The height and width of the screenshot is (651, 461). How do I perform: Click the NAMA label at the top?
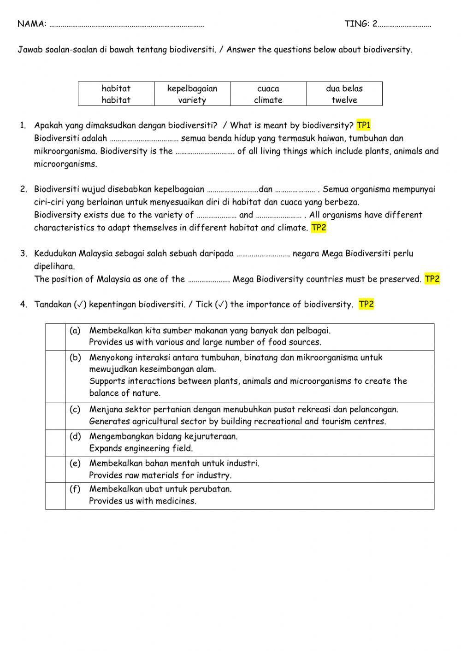click(x=31, y=24)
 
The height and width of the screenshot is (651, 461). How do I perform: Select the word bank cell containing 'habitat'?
click(x=116, y=94)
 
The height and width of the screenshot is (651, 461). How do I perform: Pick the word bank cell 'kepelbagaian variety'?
click(x=192, y=94)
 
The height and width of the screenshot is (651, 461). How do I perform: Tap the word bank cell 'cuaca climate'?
click(x=268, y=94)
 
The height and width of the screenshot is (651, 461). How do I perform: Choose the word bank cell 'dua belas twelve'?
click(x=344, y=94)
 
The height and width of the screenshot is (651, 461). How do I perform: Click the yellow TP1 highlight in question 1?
click(x=363, y=125)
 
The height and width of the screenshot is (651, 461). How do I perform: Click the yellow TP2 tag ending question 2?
click(x=319, y=228)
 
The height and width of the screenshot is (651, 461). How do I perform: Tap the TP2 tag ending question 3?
click(x=432, y=279)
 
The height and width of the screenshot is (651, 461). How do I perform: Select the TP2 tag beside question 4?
click(x=366, y=305)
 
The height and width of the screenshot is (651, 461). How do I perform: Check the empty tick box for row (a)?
click(x=55, y=337)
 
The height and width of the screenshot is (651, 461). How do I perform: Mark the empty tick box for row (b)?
click(x=55, y=376)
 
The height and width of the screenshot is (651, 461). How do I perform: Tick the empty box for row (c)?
click(x=55, y=416)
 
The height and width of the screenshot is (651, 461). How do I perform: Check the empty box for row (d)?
click(x=55, y=443)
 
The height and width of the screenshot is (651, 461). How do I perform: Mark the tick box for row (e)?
click(x=55, y=469)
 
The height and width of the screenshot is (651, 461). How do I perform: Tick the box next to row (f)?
click(x=55, y=495)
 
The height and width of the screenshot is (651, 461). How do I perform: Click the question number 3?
click(x=23, y=253)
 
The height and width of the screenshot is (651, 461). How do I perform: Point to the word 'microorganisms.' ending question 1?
click(x=65, y=164)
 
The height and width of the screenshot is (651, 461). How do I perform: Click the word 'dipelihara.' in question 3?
click(x=54, y=266)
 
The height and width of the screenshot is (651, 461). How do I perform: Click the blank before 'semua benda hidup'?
click(x=144, y=139)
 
